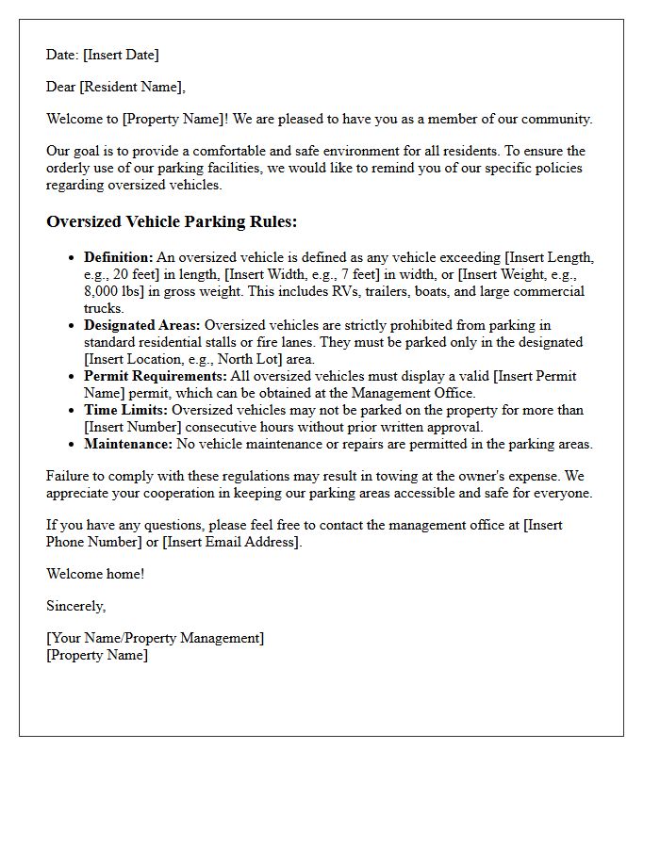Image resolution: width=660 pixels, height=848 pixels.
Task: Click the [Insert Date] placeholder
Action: tap(121, 55)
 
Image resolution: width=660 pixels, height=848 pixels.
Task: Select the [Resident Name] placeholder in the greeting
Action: tap(131, 87)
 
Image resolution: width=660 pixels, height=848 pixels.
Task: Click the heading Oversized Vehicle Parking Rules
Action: tap(172, 222)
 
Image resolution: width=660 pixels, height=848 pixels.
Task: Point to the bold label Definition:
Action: tap(118, 257)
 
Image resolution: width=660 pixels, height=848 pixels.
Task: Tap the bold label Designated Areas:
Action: tap(141, 325)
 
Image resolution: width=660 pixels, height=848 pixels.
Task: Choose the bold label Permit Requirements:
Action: tap(155, 376)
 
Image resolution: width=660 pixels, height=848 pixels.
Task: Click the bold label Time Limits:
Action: tap(125, 410)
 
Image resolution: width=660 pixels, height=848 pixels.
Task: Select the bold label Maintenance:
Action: tap(128, 444)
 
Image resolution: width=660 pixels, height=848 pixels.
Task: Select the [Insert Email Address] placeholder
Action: tap(231, 542)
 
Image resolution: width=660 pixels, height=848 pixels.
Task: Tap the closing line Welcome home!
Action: tap(95, 574)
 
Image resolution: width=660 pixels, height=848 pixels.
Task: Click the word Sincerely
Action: tap(75, 606)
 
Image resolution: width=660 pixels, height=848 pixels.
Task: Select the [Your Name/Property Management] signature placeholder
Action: tap(155, 638)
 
